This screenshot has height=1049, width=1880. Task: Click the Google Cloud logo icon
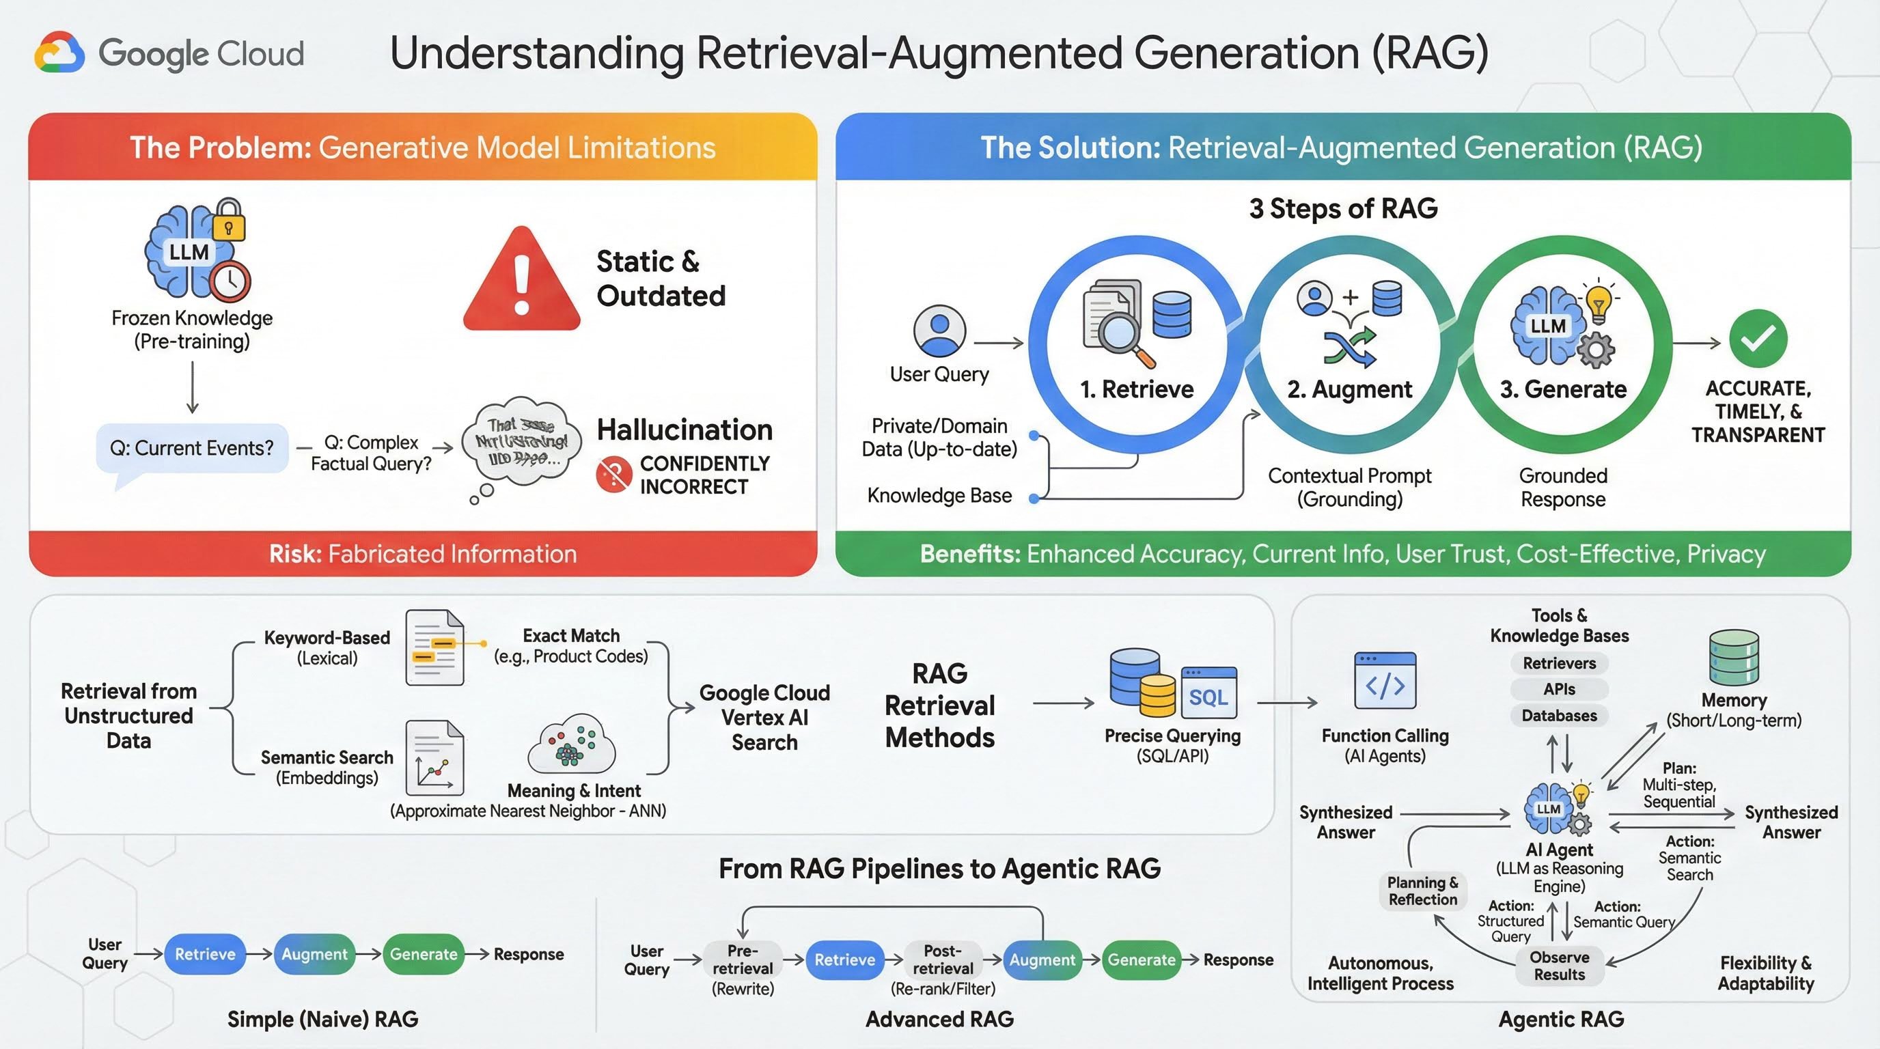60,53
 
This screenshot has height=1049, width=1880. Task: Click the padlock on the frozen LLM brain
229,221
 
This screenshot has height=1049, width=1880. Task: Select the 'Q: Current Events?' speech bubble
192,448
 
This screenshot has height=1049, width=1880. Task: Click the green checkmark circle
1758,339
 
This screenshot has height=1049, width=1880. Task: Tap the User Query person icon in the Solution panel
939,331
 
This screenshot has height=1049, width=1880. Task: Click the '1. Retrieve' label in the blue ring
1136,389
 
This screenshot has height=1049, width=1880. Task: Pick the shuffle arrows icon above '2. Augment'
1349,346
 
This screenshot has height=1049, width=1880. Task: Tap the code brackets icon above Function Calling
1385,682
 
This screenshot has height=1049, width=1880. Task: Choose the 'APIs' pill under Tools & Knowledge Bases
1559,689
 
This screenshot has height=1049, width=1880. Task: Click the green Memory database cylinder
1733,656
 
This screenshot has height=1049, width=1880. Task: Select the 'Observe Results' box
1559,966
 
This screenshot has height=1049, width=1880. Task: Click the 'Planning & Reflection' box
1422,891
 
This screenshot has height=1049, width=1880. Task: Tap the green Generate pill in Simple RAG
424,954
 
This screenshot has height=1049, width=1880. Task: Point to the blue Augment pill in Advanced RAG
1042,960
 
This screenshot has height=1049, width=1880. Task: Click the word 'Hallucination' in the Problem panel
685,430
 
